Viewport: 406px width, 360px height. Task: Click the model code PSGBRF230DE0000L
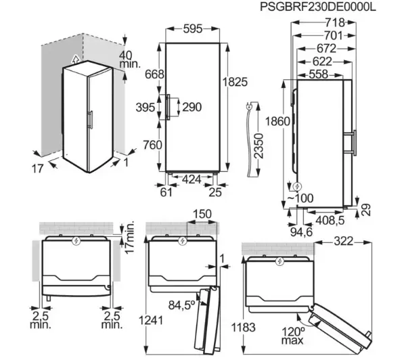[x=317, y=7]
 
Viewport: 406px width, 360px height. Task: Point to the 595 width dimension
[x=193, y=28]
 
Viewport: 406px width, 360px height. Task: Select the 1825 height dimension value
[x=235, y=82]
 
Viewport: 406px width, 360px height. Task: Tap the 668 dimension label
[x=154, y=74]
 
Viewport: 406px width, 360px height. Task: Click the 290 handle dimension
[x=192, y=107]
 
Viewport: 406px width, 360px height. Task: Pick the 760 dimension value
[x=152, y=145]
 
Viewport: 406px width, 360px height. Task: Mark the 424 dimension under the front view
[x=191, y=179]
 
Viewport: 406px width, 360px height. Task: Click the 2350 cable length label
[x=258, y=145]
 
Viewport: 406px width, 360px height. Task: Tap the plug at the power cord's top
[x=248, y=106]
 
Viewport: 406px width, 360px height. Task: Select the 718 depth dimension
[x=335, y=23]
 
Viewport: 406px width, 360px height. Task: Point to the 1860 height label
[x=277, y=121]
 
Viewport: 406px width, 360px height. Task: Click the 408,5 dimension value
[x=330, y=221]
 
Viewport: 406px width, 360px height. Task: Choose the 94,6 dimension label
[x=301, y=232]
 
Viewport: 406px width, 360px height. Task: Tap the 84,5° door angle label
[x=182, y=305]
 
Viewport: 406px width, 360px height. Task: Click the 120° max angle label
[x=293, y=336]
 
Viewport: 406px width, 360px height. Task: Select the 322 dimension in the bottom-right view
[x=344, y=242]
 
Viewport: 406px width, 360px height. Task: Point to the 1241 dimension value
[x=151, y=320]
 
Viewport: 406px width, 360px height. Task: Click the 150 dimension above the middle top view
[x=202, y=215]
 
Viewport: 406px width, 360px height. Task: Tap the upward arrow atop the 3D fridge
[x=75, y=60]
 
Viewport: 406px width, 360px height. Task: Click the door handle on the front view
[x=168, y=107]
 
